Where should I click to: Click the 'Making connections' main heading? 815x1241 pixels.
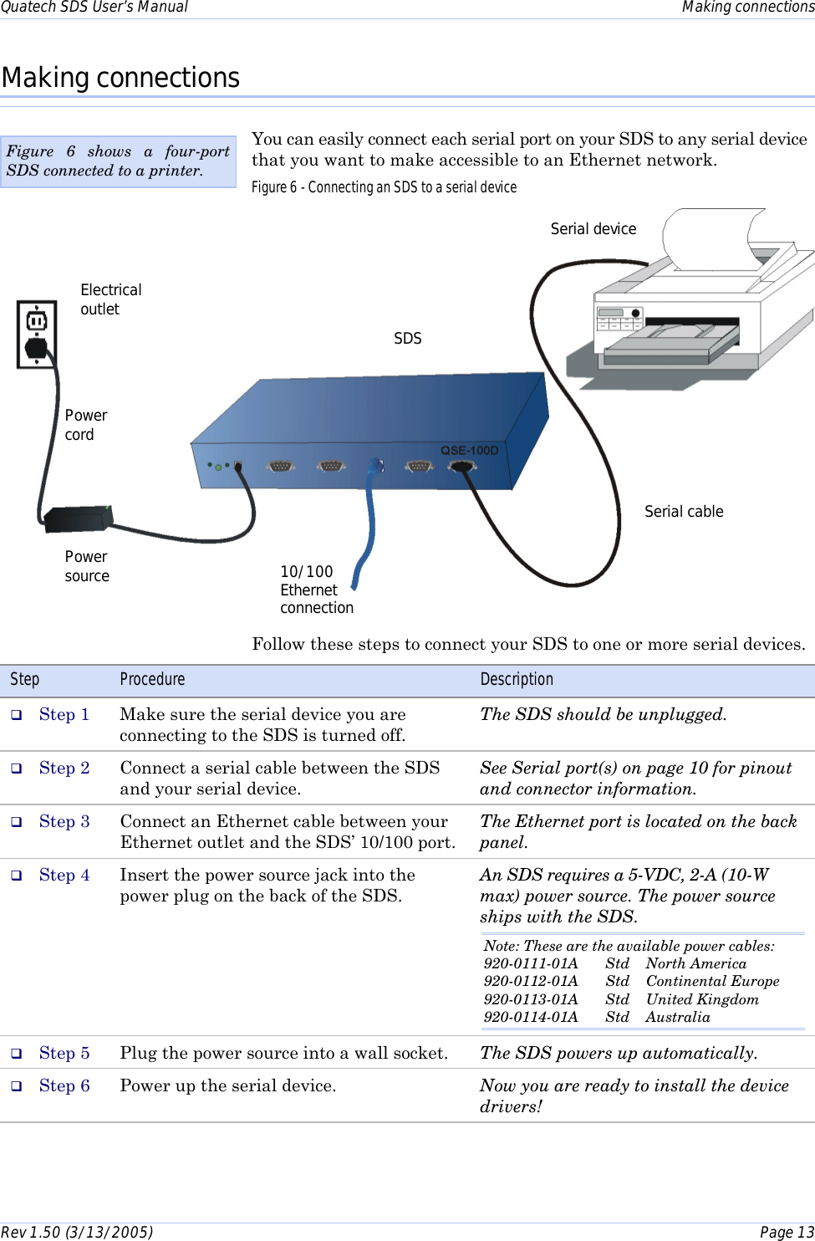[120, 78]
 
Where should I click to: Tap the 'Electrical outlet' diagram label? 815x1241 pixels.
[110, 299]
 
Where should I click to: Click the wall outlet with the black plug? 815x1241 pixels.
[37, 334]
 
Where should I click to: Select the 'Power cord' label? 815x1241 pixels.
[85, 425]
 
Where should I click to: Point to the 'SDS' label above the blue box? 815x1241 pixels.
[407, 339]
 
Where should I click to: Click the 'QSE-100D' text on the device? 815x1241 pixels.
[469, 450]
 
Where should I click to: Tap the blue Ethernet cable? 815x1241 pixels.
[369, 518]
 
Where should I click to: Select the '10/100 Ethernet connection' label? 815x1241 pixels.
[316, 590]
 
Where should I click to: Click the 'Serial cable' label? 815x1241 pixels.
[683, 512]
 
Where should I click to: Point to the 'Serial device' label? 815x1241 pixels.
[593, 229]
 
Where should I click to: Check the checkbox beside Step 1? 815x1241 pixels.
[16, 715]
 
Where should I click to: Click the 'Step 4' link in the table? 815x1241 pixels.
[64, 875]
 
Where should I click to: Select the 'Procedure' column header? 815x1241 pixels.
[152, 679]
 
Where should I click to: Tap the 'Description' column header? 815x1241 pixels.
[516, 679]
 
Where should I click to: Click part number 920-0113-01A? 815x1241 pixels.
[530, 999]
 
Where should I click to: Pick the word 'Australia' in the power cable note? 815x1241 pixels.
[677, 1017]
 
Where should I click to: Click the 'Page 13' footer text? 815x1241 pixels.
[786, 1232]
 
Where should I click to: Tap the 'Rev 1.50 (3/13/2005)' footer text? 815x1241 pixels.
[77, 1232]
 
